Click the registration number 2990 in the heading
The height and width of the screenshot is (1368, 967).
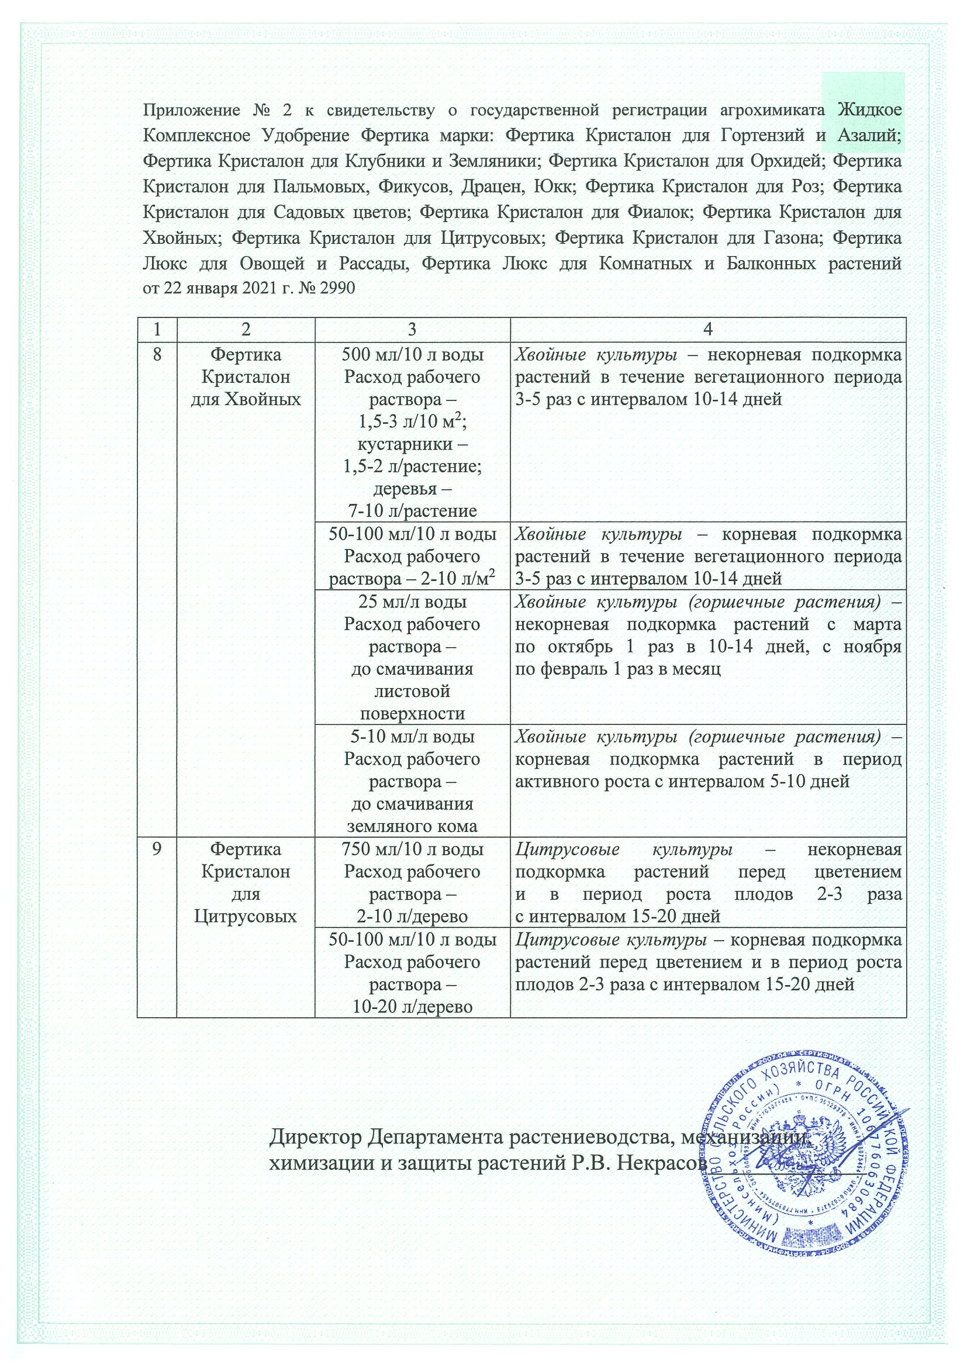coord(338,288)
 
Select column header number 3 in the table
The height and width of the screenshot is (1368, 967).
coord(412,330)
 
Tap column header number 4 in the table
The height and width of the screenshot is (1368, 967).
coord(708,330)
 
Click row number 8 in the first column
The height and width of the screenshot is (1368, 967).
coord(157,355)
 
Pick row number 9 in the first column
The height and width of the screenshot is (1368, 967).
coord(157,849)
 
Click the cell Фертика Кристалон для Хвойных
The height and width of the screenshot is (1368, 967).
coord(246,377)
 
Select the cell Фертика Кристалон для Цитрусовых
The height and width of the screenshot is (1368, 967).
coord(246,882)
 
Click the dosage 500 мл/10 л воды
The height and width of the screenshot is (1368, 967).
coord(412,355)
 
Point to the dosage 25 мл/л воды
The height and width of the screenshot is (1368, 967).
coord(412,602)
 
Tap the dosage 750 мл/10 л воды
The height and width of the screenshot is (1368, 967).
coord(412,849)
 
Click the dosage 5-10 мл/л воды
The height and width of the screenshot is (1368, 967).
coord(412,737)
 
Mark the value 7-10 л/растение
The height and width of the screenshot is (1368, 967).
coord(412,510)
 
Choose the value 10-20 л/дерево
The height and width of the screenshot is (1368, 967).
coord(412,1007)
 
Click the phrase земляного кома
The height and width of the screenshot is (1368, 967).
coord(412,827)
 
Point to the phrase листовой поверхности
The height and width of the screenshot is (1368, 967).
coord(412,703)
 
